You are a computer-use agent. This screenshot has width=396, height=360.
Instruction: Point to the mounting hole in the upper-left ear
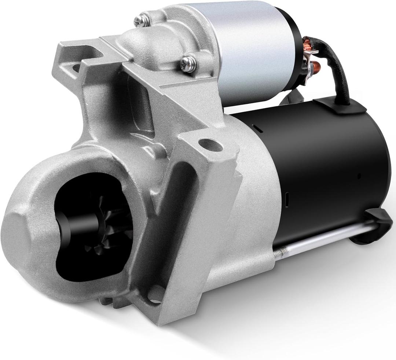click(x=76, y=67)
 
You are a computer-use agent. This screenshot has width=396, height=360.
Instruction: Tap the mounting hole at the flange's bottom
click(x=155, y=295)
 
